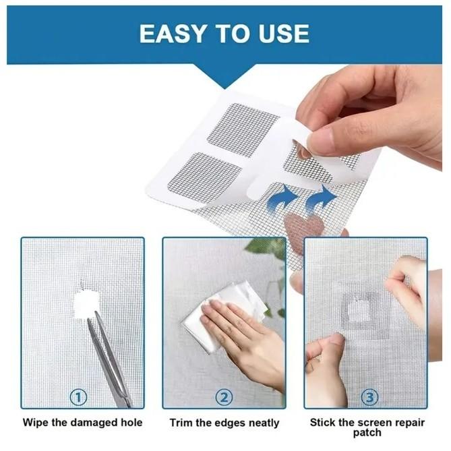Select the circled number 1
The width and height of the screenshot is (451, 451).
[x=80, y=398]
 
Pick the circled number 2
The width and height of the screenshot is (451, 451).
[x=224, y=398]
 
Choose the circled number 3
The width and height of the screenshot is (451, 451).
[x=369, y=398]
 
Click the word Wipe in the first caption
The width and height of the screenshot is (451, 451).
[x=36, y=423]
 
